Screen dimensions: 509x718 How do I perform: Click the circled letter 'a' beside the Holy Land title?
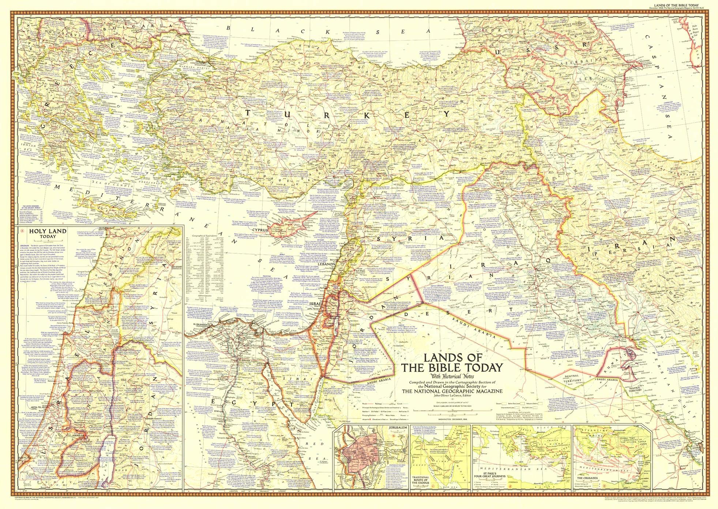click(x=22, y=231)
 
